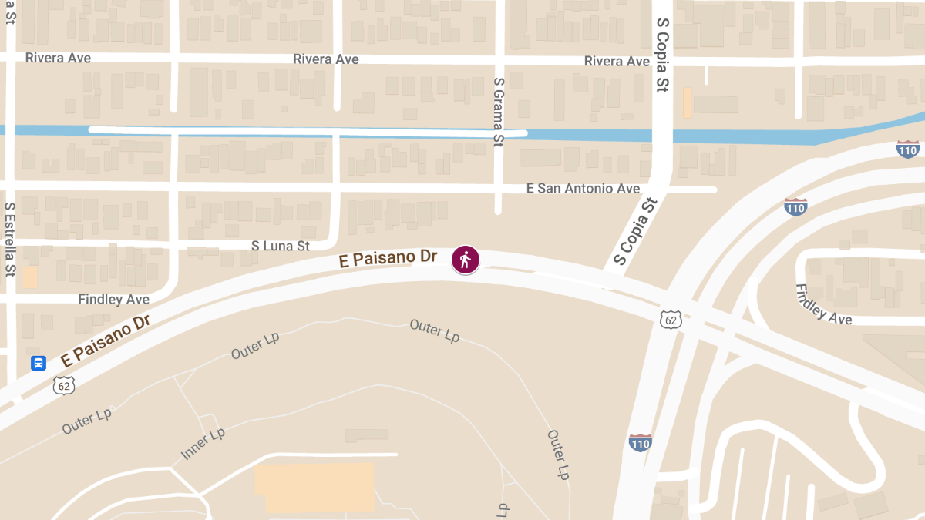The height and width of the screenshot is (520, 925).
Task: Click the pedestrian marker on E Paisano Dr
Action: pos(465,260)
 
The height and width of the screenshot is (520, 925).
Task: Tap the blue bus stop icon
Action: pos(39,363)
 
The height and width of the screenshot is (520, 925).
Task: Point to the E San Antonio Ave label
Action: pos(583,188)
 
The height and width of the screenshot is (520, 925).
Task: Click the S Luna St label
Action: pos(281,246)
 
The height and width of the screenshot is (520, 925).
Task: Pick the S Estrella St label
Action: pos(10,239)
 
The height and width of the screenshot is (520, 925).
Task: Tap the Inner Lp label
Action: pos(203,445)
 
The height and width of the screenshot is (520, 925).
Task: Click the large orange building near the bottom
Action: pos(314,486)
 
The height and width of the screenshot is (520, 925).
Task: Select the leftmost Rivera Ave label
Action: pos(58,58)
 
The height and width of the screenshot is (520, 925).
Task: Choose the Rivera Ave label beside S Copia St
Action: pos(617,61)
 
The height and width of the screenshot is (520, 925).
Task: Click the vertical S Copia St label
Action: pos(661,55)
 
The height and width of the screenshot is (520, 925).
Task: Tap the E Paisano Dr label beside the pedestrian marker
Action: pos(388,259)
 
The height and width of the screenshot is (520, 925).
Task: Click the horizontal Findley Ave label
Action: pos(114,299)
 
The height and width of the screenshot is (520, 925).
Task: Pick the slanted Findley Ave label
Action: pos(823,304)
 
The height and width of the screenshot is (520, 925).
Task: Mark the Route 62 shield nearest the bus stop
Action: pos(64,385)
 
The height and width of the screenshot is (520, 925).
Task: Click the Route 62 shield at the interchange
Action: pos(671,319)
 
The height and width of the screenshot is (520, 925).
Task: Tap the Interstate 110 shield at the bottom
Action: pos(640,442)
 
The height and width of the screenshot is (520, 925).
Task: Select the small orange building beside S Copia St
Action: pos(687,102)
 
